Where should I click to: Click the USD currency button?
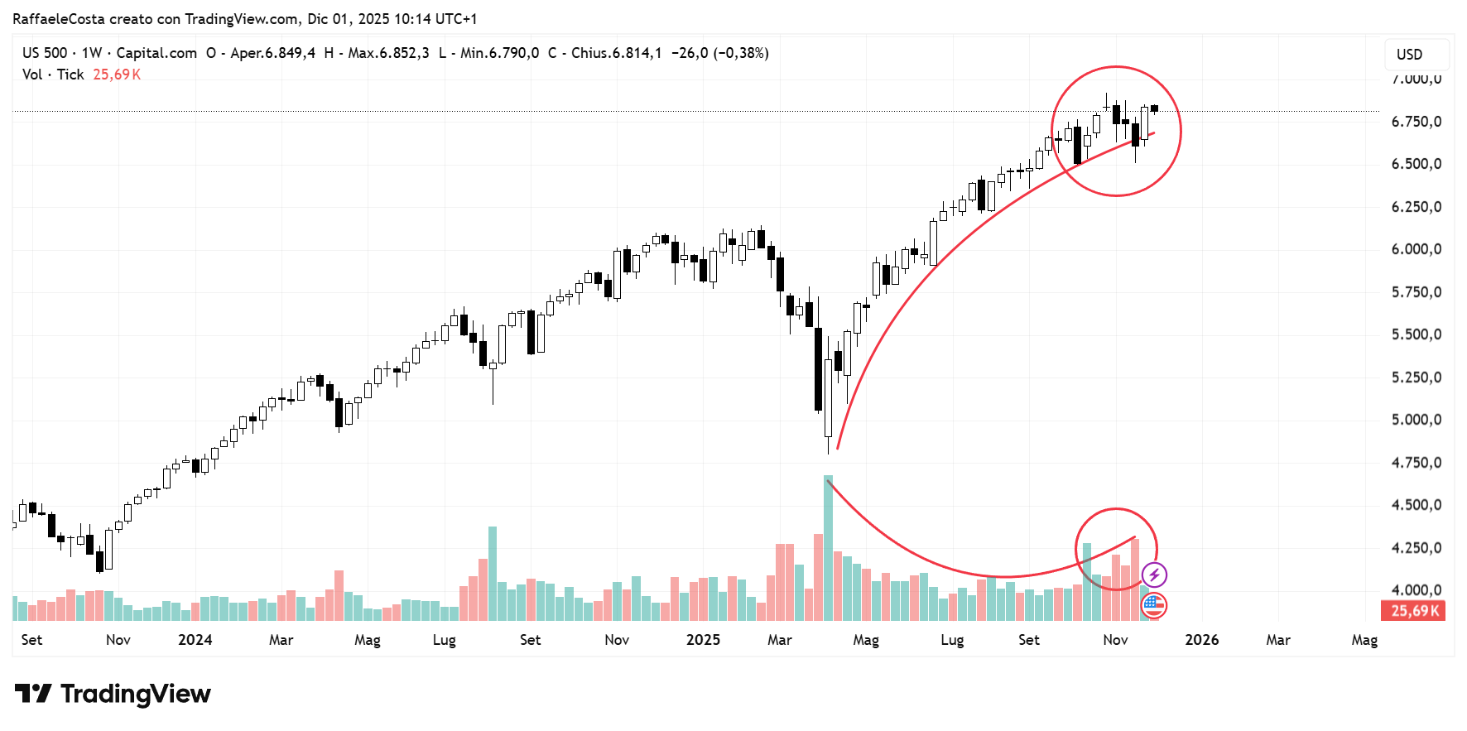click(x=1409, y=55)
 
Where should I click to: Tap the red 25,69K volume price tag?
click(x=1414, y=611)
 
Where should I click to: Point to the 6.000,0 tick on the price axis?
click(x=1416, y=249)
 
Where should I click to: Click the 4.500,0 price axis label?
click(x=1416, y=505)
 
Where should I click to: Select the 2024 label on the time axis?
click(x=195, y=640)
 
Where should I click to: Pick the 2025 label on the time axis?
click(x=703, y=640)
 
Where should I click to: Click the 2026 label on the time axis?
click(x=1201, y=640)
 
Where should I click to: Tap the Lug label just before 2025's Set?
click(x=952, y=640)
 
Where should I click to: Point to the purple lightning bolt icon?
click(x=1154, y=575)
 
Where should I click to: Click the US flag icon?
click(x=1154, y=606)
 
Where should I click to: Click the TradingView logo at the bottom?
click(x=113, y=694)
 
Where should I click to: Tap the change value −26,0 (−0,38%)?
click(x=719, y=53)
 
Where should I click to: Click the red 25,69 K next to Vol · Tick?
click(x=117, y=75)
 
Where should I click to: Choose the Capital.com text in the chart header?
click(x=156, y=53)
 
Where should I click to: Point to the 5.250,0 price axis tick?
click(x=1416, y=378)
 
